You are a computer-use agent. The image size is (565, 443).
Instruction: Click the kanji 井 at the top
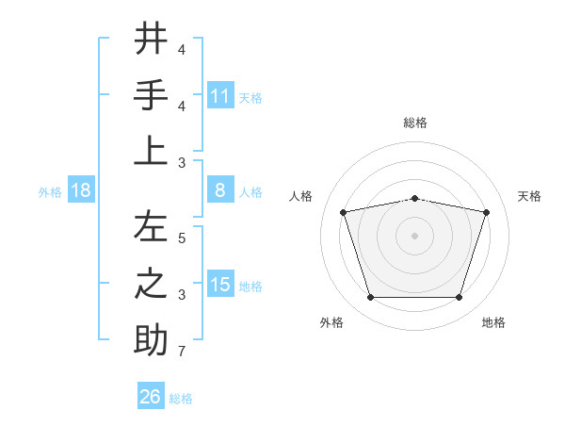pos(151,39)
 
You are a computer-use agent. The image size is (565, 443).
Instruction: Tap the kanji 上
pos(151,151)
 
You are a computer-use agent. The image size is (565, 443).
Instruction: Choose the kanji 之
pos(151,284)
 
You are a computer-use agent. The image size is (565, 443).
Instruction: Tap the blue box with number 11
pos(220,95)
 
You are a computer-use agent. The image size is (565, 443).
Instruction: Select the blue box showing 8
pos(220,190)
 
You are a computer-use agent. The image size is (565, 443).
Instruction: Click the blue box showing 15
pos(220,285)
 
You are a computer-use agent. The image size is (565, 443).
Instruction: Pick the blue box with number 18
pos(81,190)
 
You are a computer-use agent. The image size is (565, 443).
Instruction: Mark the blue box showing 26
pos(151,397)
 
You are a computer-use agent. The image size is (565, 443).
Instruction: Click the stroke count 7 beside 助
pos(181,353)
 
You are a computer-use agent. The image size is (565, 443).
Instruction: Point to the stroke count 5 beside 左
pos(181,238)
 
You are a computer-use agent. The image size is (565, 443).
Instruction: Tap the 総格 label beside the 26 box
pos(181,399)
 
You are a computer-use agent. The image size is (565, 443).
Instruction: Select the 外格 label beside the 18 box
pos(50,191)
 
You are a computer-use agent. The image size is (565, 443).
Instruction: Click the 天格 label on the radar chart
pos(530,196)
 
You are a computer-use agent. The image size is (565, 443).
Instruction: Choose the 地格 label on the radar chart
pos(493,322)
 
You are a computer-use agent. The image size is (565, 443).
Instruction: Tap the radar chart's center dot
pos(414,235)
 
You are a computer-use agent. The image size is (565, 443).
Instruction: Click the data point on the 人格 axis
pos(344,212)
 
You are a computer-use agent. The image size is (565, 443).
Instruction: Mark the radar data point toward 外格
pos(370,297)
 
